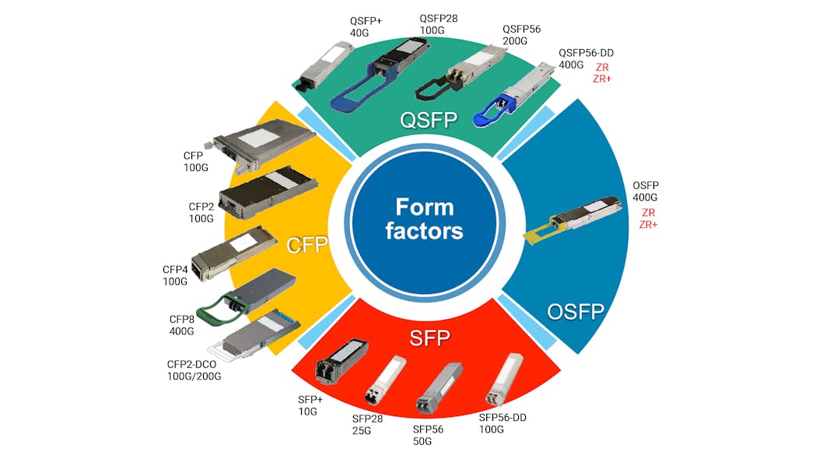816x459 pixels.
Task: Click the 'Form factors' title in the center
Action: (424, 219)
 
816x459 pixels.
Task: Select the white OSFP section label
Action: (576, 312)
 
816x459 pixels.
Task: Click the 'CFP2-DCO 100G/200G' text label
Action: (194, 370)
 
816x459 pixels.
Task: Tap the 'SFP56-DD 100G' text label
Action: (503, 422)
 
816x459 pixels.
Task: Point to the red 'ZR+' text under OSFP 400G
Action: (648, 225)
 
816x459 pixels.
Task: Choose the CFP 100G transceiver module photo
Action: (261, 145)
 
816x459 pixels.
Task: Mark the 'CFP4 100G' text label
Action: (175, 275)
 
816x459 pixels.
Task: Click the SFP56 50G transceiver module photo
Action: (436, 388)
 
